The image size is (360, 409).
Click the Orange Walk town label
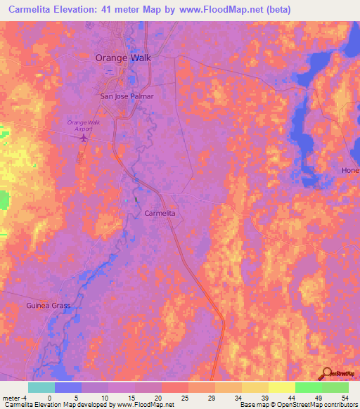click(x=123, y=59)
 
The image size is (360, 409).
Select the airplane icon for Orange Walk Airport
click(x=84, y=138)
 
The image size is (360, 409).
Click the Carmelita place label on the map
click(x=159, y=212)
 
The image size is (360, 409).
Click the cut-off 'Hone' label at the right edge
click(x=349, y=171)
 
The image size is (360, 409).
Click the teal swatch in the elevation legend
click(x=41, y=387)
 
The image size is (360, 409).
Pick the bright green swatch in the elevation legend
click(x=308, y=387)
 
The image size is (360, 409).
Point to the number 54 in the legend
click(x=344, y=397)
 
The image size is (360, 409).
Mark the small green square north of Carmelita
click(x=136, y=200)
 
